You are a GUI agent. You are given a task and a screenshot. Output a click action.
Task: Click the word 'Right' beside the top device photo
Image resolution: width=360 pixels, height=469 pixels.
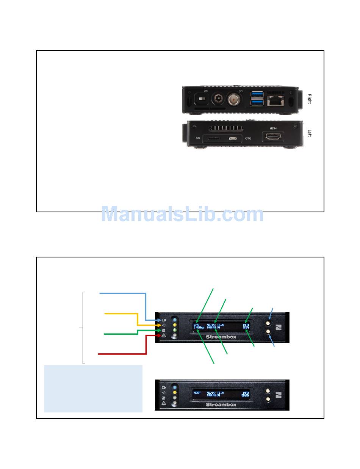pyautogui.click(x=310, y=99)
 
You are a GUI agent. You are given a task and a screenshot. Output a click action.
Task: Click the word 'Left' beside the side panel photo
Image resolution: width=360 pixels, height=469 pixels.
pyautogui.click(x=310, y=133)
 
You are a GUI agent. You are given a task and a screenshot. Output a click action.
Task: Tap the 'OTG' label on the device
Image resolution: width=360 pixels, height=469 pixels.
pyautogui.click(x=249, y=138)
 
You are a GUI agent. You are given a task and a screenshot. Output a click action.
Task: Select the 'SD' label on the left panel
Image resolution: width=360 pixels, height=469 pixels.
pyautogui.click(x=197, y=138)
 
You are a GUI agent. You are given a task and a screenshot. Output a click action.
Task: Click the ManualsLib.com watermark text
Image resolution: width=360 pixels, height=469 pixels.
pyautogui.click(x=182, y=215)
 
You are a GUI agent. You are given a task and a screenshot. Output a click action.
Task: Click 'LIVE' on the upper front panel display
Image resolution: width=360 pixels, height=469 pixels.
pyautogui.click(x=196, y=325)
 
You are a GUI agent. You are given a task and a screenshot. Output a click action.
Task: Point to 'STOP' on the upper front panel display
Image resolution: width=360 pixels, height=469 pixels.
pyautogui.click(x=246, y=328)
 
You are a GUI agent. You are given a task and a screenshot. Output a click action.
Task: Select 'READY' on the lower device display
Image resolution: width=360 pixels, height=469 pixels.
pyautogui.click(x=197, y=393)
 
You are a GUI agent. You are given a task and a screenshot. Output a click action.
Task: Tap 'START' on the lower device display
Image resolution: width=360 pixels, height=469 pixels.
pyautogui.click(x=246, y=396)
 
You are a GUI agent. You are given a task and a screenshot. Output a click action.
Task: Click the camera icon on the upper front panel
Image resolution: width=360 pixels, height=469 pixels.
pyautogui.click(x=164, y=320)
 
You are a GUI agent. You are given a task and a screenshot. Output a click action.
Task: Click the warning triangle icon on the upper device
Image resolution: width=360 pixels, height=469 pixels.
pyautogui.click(x=164, y=336)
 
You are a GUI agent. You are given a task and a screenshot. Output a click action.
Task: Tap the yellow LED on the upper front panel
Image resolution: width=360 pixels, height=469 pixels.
pyautogui.click(x=175, y=325)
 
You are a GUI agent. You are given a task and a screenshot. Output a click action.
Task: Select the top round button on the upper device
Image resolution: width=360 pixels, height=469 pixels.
pyautogui.click(x=268, y=324)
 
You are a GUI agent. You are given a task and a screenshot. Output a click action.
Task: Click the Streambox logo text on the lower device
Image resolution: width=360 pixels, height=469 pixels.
pyautogui.click(x=221, y=405)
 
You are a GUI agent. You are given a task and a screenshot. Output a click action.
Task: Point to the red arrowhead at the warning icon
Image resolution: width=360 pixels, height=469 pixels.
pyautogui.click(x=157, y=336)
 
